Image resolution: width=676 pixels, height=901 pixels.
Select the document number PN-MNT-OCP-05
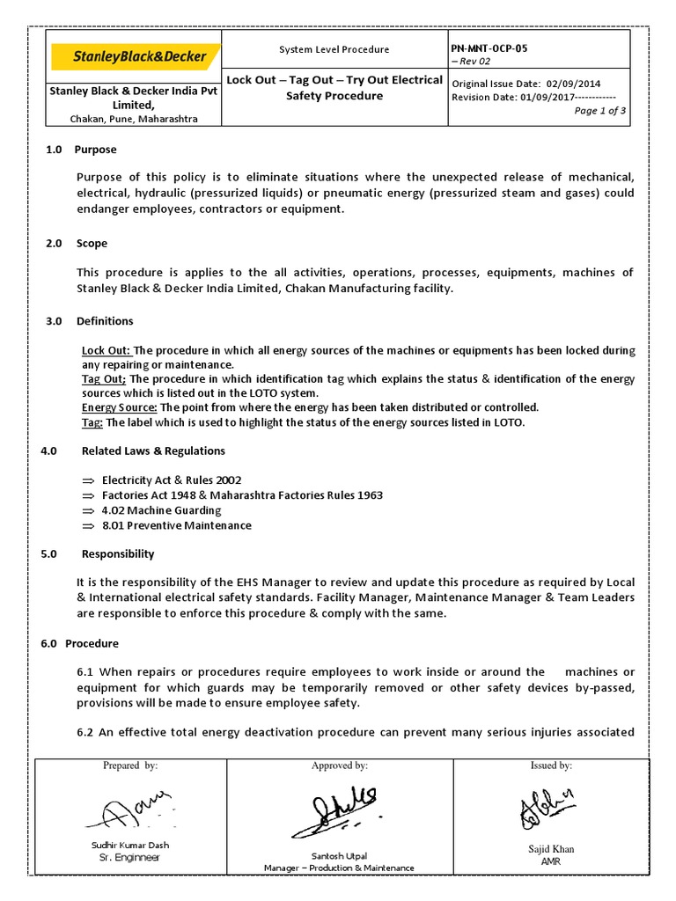[490, 48]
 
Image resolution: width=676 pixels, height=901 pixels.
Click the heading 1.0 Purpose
[81, 150]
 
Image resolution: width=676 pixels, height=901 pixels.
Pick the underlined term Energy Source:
[120, 407]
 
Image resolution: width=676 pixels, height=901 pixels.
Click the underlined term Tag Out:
[104, 379]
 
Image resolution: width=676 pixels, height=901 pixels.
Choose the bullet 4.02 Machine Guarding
[162, 510]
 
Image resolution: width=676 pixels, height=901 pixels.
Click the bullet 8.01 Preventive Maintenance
[176, 525]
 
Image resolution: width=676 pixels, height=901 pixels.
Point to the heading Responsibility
[118, 554]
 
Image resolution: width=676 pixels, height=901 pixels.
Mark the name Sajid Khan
[552, 849]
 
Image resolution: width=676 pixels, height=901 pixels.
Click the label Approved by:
[339, 766]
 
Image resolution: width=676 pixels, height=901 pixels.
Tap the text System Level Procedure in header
[334, 50]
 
